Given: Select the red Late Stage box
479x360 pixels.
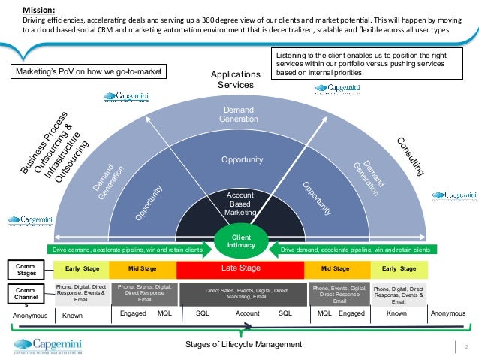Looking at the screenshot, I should (x=241, y=268).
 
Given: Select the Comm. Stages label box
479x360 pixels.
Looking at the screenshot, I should (x=28, y=268).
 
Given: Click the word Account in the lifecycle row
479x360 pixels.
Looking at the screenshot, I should (x=247, y=313).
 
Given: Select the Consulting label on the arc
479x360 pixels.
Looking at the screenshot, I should (x=409, y=157).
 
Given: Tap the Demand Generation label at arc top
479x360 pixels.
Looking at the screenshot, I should (x=236, y=114).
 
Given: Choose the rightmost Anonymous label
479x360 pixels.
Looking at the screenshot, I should (x=448, y=313).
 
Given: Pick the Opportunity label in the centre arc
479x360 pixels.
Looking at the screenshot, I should (x=241, y=160).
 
